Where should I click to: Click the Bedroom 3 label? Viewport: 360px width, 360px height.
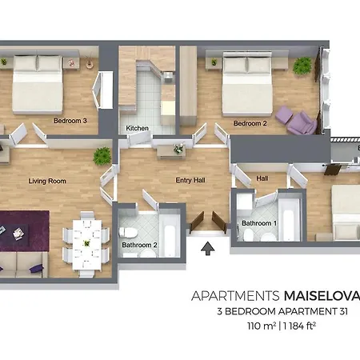click(x=70, y=121)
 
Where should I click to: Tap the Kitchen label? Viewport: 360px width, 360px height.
click(x=137, y=128)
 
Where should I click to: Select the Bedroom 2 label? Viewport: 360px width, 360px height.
click(x=250, y=123)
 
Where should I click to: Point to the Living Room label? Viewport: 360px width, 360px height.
click(x=47, y=181)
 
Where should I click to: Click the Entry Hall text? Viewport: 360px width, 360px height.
click(x=190, y=180)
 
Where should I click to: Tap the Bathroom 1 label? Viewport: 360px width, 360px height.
click(x=259, y=223)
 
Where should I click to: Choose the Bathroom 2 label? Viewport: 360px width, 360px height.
click(x=139, y=245)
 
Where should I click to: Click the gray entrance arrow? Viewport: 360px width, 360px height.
click(x=208, y=248)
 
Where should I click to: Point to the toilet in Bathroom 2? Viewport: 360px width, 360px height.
click(x=128, y=233)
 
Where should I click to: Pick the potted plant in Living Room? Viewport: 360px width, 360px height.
click(x=102, y=156)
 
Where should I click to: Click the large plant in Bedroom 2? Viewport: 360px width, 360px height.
click(x=302, y=65)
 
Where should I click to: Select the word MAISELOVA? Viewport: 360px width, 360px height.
click(x=322, y=296)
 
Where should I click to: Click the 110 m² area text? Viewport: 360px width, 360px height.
click(x=262, y=326)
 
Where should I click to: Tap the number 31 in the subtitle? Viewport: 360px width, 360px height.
click(x=342, y=311)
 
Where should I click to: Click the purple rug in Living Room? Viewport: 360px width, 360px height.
click(x=25, y=231)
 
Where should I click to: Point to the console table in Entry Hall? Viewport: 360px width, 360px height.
click(x=171, y=152)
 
